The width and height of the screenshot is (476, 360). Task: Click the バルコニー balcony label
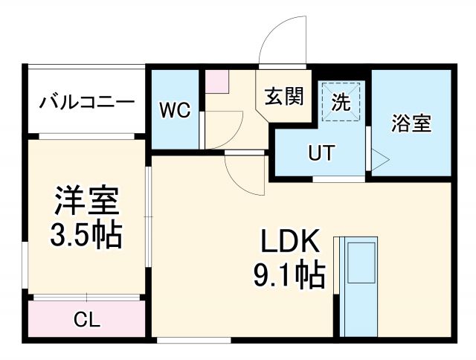88,102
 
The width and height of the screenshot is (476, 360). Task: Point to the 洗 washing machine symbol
341,103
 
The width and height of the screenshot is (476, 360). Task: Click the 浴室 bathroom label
411,123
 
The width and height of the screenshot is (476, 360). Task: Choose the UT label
321,154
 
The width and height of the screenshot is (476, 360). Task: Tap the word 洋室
86,202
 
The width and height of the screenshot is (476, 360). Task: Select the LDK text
289,242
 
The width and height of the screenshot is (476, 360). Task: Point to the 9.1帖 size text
289,276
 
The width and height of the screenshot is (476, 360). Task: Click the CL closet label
87,321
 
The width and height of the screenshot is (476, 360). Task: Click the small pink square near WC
216,81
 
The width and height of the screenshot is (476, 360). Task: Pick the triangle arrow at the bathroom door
379,158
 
